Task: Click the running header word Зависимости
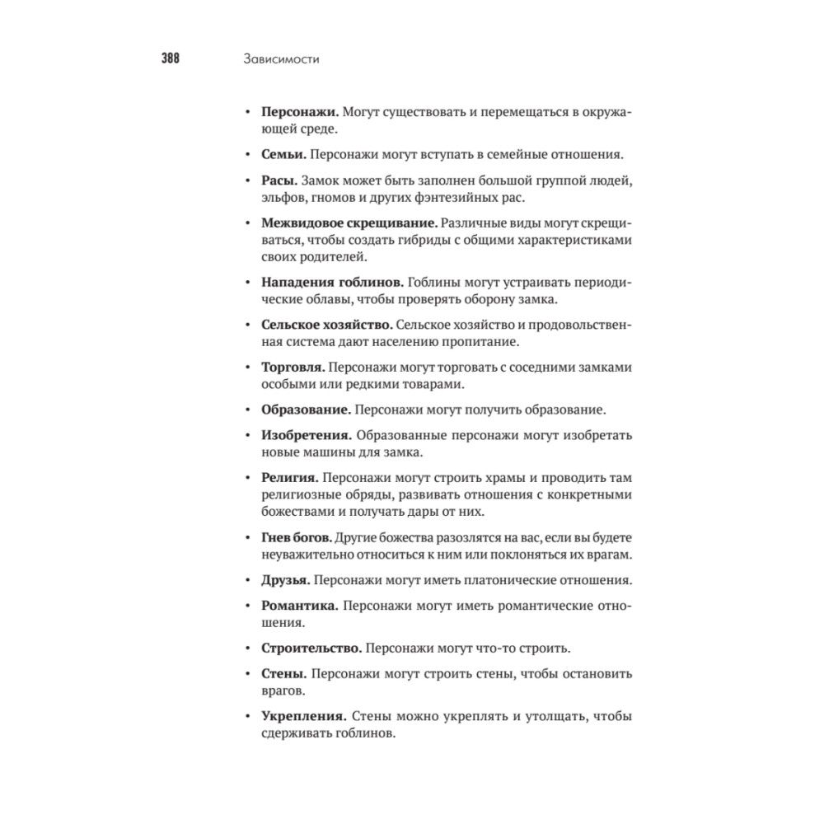(x=281, y=59)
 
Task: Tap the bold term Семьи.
(x=284, y=154)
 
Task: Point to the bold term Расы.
(x=279, y=180)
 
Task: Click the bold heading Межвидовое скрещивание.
(x=349, y=222)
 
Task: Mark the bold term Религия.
(x=289, y=477)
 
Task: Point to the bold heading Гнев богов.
(x=297, y=537)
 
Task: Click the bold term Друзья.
(x=285, y=580)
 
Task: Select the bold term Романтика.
(x=300, y=606)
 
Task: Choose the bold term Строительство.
(x=310, y=648)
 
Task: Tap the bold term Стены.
(x=283, y=674)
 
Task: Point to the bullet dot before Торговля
(x=248, y=368)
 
